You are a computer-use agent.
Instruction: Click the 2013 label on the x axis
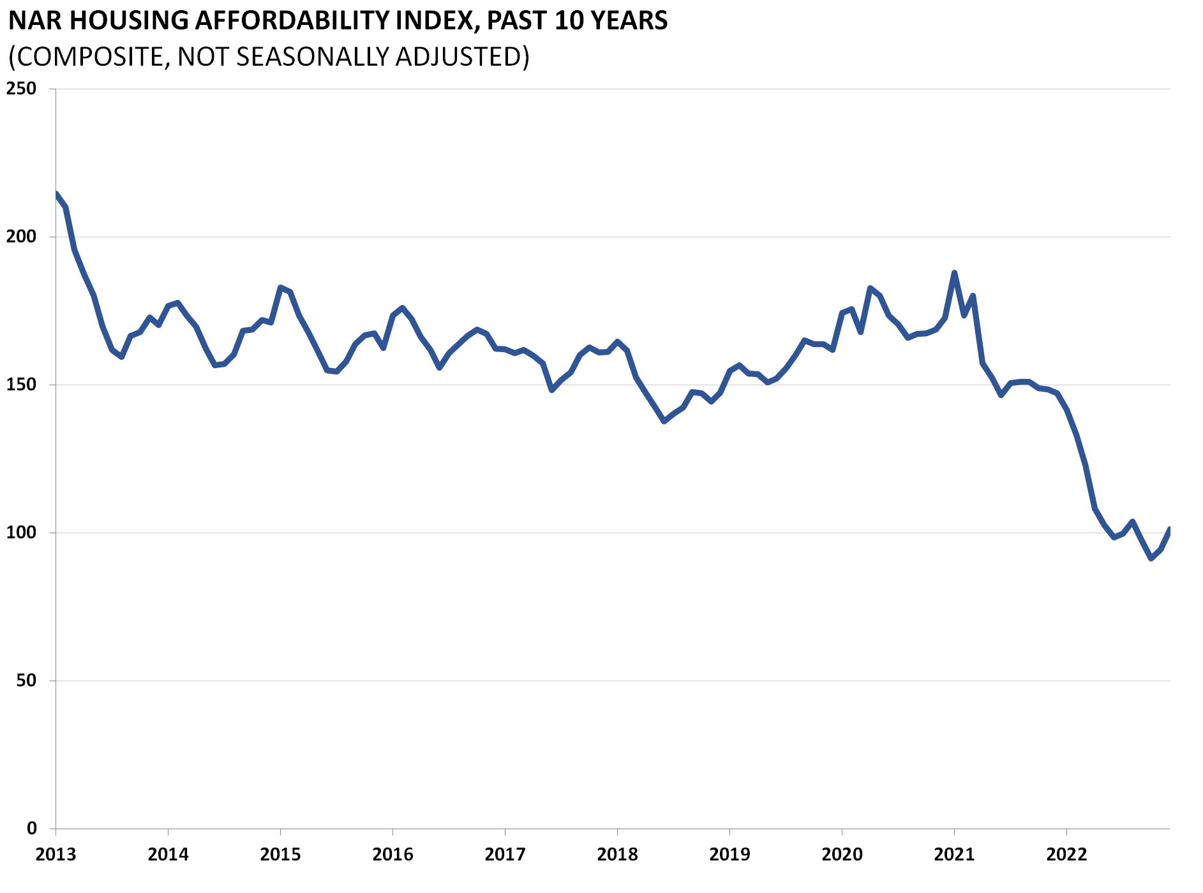(56, 854)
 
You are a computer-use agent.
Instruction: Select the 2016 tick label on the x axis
(392, 854)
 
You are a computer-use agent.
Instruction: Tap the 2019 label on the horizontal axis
(729, 854)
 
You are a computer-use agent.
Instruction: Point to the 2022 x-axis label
(1066, 854)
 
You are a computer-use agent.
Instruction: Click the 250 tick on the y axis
(21, 89)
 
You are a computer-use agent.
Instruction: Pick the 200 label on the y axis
(21, 237)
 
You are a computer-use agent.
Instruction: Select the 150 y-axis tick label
(21, 385)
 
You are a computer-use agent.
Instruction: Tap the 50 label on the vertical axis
(26, 681)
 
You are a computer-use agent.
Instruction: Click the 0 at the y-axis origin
(32, 829)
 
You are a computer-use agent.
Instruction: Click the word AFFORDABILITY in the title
(291, 20)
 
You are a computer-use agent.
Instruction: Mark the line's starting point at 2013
(56, 194)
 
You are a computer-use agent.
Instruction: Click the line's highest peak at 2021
(954, 273)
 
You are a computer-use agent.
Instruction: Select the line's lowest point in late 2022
(1151, 559)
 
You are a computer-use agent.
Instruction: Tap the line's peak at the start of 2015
(281, 287)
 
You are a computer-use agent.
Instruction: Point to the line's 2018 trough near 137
(664, 422)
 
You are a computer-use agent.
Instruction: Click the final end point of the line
(1169, 529)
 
